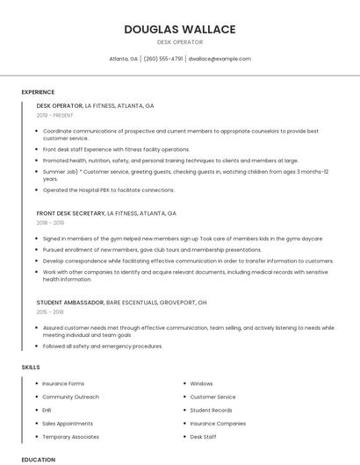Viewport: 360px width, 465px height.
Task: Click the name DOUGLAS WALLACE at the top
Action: (180, 29)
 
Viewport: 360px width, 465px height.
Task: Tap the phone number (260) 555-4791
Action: (163, 59)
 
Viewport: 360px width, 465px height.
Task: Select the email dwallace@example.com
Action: (220, 59)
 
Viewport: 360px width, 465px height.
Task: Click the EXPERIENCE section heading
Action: (38, 92)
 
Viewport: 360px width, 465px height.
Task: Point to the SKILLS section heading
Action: (31, 366)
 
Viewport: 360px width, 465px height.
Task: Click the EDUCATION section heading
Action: (39, 459)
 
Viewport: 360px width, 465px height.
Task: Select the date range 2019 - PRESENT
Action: (55, 116)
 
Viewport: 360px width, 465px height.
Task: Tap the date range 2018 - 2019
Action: (50, 224)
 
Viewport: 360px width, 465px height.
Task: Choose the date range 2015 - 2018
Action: (50, 312)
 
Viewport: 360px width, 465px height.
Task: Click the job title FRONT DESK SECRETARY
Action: (70, 213)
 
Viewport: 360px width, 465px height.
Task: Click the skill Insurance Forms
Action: (63, 383)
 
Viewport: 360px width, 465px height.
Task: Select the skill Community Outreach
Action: (70, 397)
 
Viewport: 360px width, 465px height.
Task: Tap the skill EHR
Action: (47, 410)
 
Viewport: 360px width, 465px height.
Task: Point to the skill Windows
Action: (201, 383)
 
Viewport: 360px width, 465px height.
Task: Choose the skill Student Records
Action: (211, 410)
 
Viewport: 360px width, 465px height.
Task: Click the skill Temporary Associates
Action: (71, 436)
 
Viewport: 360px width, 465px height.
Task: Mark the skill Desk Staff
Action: (204, 436)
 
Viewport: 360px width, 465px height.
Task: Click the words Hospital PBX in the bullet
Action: (93, 190)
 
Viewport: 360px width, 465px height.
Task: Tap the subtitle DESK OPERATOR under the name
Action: (180, 42)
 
